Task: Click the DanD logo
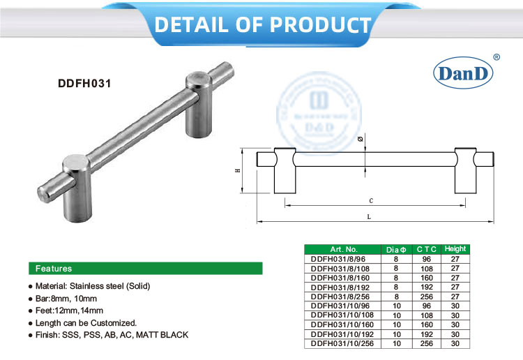464,73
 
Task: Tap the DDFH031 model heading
85,81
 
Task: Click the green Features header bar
144,268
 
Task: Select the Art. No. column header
343,249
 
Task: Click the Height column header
455,249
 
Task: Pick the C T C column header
426,249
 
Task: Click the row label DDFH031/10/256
343,343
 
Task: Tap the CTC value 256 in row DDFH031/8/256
426,296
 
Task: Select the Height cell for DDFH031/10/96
455,305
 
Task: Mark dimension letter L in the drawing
367,216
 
